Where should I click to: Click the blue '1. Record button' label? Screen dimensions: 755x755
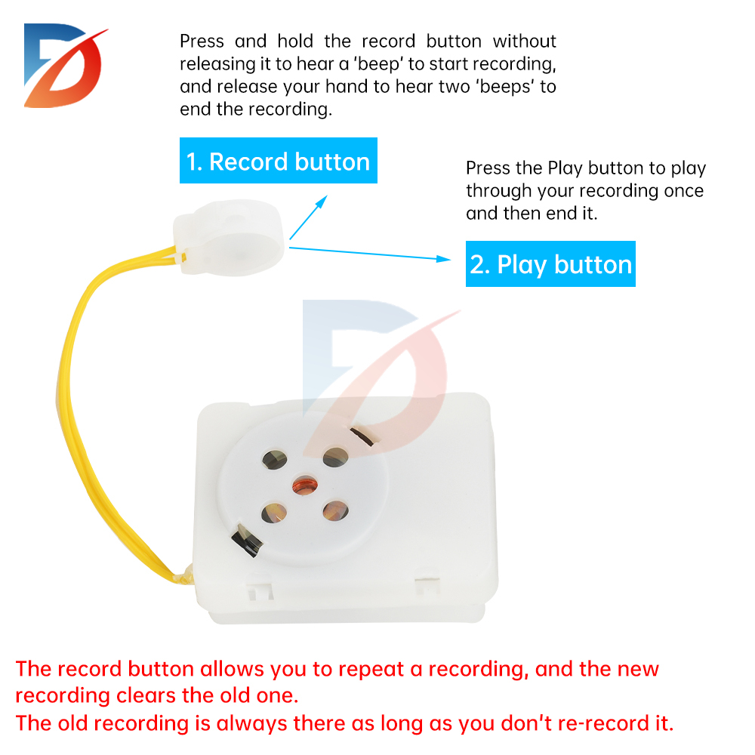278,161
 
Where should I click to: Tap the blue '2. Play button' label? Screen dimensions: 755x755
550,264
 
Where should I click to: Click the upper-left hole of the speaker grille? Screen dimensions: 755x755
272,459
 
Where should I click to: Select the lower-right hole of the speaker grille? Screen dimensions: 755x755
335,512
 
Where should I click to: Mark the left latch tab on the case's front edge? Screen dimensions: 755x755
257,585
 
